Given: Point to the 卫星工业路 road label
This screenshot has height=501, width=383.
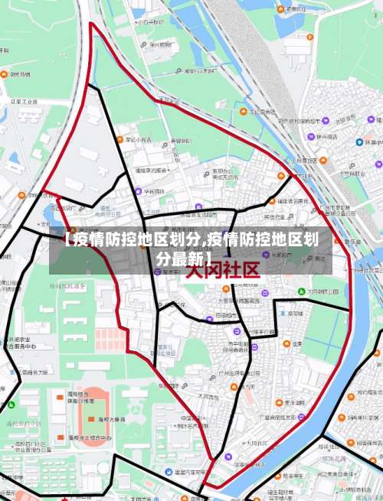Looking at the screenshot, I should tap(19, 100).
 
